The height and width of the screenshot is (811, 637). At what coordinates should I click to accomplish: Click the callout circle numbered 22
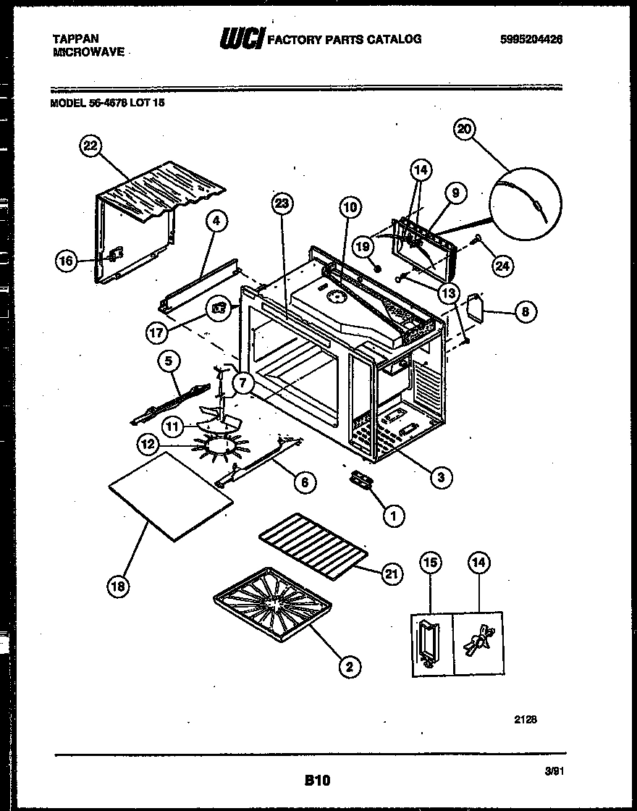coord(90,147)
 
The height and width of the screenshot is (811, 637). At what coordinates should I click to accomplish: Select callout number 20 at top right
coord(464,129)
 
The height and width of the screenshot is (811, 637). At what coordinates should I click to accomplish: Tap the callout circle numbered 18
coord(119,587)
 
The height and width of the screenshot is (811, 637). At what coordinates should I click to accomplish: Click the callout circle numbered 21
coord(392,575)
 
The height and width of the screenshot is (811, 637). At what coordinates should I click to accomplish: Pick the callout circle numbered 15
coord(431,563)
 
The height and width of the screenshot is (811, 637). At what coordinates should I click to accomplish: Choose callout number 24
coord(501,266)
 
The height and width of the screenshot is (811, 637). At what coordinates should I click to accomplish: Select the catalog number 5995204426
coord(531,41)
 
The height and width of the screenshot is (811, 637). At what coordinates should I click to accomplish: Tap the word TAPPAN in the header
coord(76,38)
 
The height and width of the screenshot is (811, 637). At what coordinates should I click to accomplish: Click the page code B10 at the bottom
coord(316,781)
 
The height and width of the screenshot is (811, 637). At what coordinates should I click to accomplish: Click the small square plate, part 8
coord(476,307)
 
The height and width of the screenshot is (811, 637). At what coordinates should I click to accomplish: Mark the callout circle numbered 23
coord(283,205)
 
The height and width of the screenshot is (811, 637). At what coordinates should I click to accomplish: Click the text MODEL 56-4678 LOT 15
coord(107,104)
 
